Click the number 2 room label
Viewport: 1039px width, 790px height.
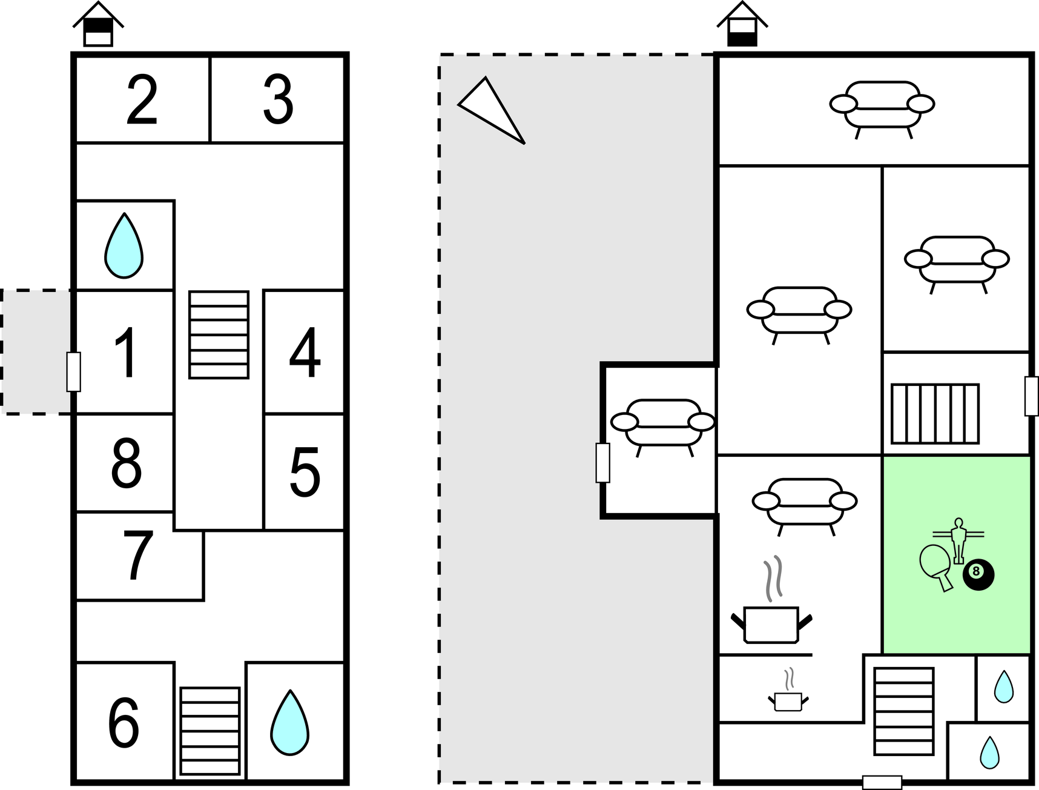point(142,101)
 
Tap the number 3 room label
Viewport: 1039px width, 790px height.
point(278,101)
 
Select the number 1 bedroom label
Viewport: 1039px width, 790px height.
point(126,353)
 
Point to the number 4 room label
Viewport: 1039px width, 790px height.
point(304,353)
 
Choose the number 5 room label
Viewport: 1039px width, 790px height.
point(304,473)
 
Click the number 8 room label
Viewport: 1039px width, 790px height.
point(126,463)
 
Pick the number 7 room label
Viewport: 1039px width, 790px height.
point(139,556)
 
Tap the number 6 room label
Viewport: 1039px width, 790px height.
point(124,723)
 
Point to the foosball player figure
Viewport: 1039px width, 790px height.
point(958,539)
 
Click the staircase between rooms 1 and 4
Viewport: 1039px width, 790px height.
point(219,334)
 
